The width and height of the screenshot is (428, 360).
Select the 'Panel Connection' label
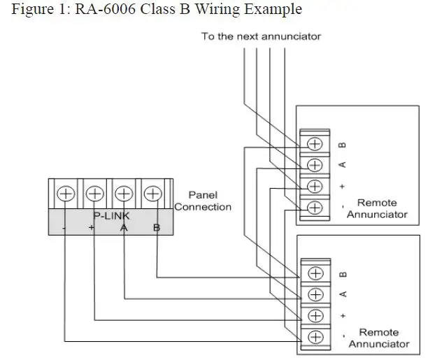[203, 201]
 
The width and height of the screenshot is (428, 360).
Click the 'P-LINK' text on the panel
[111, 217]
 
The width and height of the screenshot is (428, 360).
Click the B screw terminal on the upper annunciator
[315, 144]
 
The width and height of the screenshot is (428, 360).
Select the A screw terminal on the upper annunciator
[315, 165]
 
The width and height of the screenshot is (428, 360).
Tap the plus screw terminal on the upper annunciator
[315, 186]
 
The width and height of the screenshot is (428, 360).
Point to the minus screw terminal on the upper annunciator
[315, 207]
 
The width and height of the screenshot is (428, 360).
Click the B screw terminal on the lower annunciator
[315, 273]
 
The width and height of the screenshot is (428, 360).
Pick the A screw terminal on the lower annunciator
[315, 294]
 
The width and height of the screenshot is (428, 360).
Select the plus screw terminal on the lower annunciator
[315, 315]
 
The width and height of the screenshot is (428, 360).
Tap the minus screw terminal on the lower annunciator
[315, 336]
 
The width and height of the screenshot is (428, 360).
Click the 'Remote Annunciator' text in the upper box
[377, 208]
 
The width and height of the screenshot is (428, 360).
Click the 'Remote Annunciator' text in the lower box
[378, 338]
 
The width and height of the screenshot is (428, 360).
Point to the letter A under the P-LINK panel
[124, 229]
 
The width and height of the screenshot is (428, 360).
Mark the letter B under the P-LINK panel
[155, 229]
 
